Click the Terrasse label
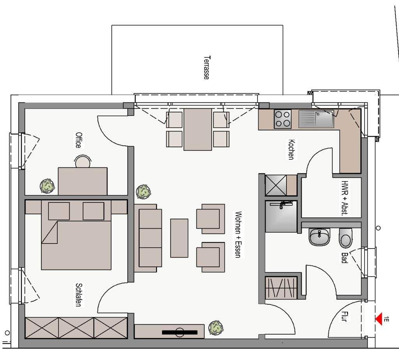[207, 68]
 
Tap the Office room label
[79, 140]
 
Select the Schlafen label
[79, 295]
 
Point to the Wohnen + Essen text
[238, 234]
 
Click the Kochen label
[291, 149]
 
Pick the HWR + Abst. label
[345, 198]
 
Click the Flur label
[344, 316]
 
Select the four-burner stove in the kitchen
[282, 119]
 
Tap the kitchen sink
[316, 119]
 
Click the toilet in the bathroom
[345, 238]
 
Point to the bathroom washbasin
[320, 237]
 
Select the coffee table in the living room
[179, 238]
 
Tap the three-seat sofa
[148, 238]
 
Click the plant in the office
[48, 186]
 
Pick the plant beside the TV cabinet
[216, 328]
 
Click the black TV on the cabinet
[180, 332]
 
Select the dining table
[198, 129]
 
